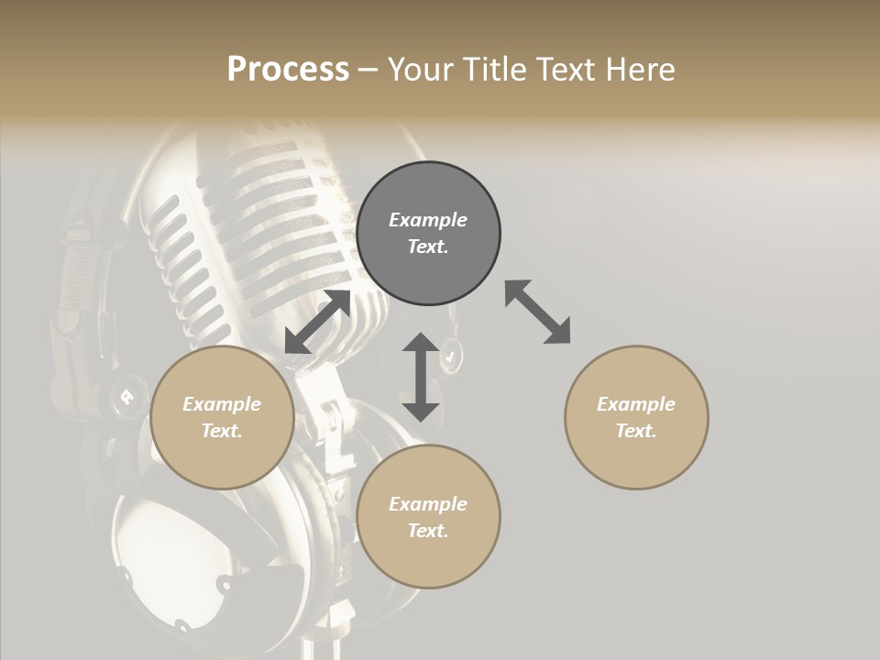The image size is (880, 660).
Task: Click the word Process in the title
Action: (288, 70)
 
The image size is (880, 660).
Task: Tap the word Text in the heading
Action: (563, 70)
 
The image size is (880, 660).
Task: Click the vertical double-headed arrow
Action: (421, 377)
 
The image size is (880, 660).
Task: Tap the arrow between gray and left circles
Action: (317, 322)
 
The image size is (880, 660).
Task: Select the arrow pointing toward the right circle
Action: (537, 312)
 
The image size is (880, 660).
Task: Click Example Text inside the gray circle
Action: (428, 233)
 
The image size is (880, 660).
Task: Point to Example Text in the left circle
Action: (222, 417)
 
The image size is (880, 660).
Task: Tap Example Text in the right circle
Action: (636, 417)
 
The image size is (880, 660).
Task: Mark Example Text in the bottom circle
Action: (428, 517)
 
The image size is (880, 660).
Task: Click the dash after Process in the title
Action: (368, 70)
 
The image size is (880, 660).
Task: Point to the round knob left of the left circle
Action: (125, 396)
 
